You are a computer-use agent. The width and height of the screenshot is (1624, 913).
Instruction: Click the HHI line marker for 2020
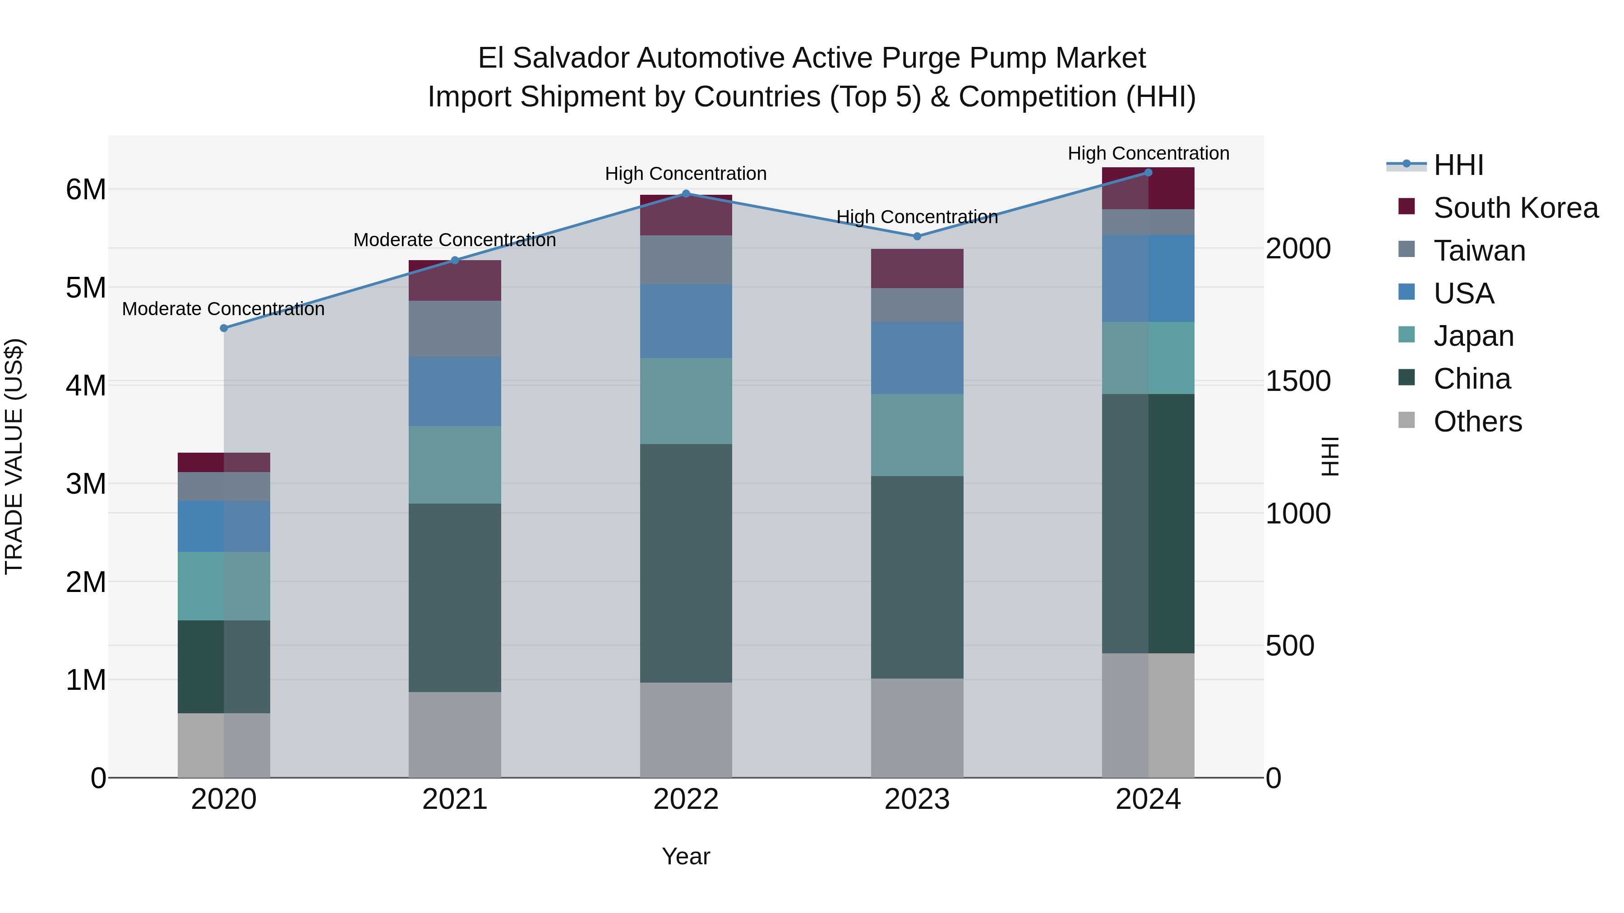(x=224, y=328)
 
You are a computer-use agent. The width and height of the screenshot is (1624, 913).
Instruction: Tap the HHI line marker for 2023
(x=917, y=236)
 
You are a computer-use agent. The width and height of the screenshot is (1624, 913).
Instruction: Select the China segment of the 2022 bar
(x=686, y=563)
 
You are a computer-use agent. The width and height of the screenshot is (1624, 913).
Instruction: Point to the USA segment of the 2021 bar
(x=455, y=391)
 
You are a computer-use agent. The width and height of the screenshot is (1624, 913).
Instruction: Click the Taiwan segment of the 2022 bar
(x=686, y=260)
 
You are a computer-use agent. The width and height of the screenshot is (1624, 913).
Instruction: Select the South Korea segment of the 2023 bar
(x=917, y=268)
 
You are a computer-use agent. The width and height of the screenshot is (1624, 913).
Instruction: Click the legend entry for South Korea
(x=1516, y=208)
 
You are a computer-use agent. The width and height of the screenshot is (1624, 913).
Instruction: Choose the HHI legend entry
(x=1458, y=165)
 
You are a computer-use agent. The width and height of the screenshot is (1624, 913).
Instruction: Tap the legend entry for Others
(x=1477, y=422)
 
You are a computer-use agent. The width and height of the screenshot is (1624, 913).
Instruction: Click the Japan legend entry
(x=1473, y=336)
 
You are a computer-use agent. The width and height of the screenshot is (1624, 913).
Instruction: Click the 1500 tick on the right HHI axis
(x=1298, y=381)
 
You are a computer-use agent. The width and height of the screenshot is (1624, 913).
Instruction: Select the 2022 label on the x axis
(x=686, y=799)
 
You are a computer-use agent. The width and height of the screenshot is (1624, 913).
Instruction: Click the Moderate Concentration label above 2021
(x=455, y=240)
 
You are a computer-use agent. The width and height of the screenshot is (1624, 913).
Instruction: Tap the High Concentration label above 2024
(x=1148, y=153)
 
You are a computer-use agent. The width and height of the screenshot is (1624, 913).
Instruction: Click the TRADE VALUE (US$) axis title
(x=14, y=456)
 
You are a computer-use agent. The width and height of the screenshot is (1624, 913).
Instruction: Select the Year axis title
(x=686, y=856)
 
